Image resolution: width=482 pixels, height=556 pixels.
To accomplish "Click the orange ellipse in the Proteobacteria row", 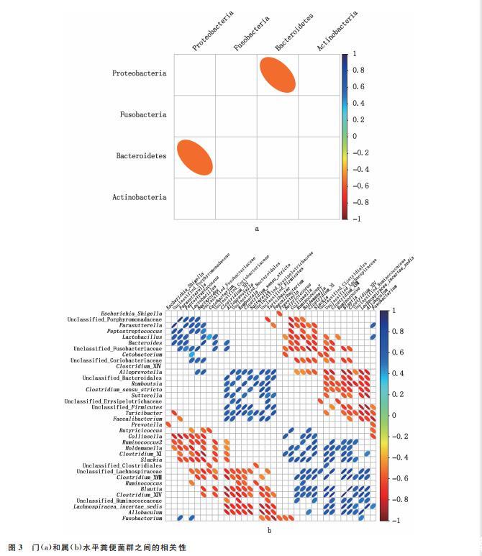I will click(278, 74).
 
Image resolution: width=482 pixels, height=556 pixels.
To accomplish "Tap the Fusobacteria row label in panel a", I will click(143, 115).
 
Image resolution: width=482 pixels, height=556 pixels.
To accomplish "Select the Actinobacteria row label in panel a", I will click(140, 197).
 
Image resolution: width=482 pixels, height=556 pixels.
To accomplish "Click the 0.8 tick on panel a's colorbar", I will click(358, 70).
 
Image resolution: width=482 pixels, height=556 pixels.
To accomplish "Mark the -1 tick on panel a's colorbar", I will click(356, 218).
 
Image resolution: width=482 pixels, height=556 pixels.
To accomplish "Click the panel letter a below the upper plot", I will click(257, 229).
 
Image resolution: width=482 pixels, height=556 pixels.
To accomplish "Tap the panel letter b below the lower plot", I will click(268, 530).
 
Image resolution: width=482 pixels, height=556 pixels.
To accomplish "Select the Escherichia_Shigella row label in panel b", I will click(132, 313).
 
